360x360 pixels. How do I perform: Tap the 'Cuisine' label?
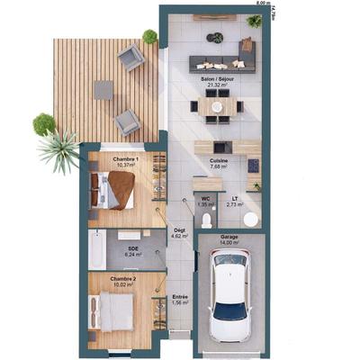219,160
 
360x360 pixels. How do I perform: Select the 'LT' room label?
233,199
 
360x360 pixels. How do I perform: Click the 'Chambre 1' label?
124,158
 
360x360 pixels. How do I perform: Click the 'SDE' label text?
133,247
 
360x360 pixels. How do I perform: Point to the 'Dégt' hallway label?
180,231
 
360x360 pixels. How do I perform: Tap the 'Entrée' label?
180,296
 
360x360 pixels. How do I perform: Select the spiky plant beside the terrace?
60,150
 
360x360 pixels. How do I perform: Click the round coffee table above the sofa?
215,38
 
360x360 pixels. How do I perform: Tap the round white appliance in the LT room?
249,219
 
